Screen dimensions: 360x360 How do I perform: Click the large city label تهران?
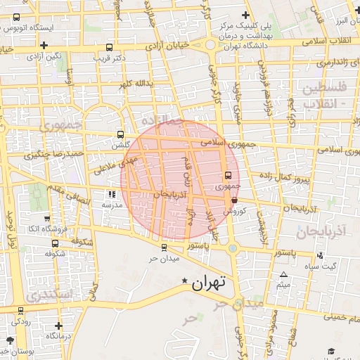[x=208, y=283]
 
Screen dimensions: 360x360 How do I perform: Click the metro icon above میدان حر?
[x=163, y=247]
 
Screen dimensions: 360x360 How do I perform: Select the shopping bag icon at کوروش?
[x=233, y=199]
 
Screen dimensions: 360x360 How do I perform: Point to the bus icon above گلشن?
[x=120, y=134]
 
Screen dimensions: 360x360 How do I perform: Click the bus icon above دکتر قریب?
[x=108, y=47]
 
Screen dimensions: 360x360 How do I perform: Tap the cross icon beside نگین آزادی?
[x=44, y=45]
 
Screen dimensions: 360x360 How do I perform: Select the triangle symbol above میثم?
[x=283, y=274]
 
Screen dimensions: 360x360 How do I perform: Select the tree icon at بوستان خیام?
[x=6, y=349]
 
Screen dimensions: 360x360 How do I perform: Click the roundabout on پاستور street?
[x=232, y=247]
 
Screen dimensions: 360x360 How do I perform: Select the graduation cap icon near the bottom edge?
[x=330, y=351]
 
